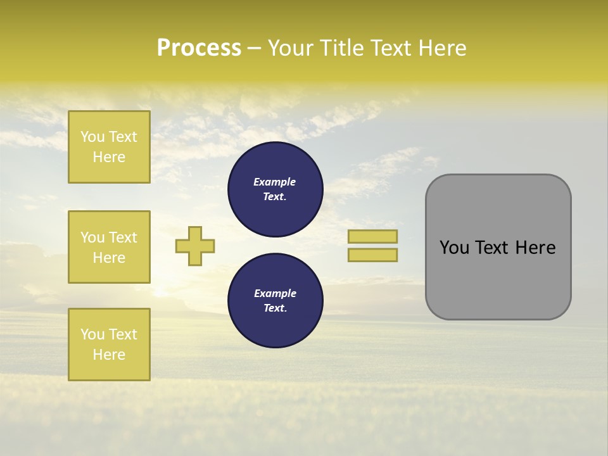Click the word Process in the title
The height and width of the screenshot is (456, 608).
199,48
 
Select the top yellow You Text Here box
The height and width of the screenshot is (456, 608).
109,147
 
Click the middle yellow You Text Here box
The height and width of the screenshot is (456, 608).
109,247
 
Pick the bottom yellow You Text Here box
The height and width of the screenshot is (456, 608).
109,345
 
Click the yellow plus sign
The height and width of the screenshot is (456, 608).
195,246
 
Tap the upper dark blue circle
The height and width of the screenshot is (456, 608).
275,189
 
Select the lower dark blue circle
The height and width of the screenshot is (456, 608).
275,301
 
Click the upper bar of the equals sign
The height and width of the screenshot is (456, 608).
372,236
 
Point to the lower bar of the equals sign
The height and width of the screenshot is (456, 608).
372,255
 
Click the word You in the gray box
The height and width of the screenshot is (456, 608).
453,248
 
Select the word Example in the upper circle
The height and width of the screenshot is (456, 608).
275,182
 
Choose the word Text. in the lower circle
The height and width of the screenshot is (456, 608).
275,308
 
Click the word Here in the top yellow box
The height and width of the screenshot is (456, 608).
109,157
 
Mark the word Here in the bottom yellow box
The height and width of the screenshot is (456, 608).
109,355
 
